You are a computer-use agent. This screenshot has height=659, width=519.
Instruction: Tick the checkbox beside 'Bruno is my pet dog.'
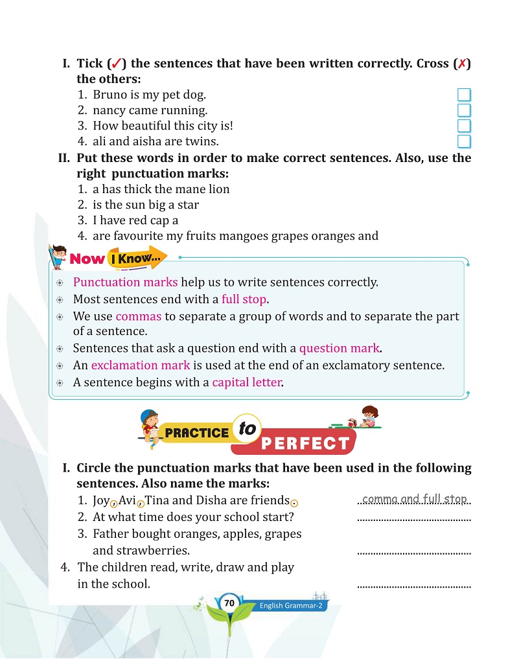464,95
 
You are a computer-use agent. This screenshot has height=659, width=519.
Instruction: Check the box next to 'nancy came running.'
464,111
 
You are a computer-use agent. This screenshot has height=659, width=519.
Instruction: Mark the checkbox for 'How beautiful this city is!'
464,126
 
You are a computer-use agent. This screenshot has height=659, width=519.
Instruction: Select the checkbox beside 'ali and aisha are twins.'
464,142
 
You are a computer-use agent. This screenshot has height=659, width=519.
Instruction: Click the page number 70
229,603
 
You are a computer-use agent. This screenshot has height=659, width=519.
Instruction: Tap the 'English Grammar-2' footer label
291,606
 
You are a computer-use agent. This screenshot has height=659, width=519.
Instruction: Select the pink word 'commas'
138,316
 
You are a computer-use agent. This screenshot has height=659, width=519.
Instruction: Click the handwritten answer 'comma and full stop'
415,499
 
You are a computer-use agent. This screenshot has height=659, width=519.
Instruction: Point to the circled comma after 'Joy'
114,502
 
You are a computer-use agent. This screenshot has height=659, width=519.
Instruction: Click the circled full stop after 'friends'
294,503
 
